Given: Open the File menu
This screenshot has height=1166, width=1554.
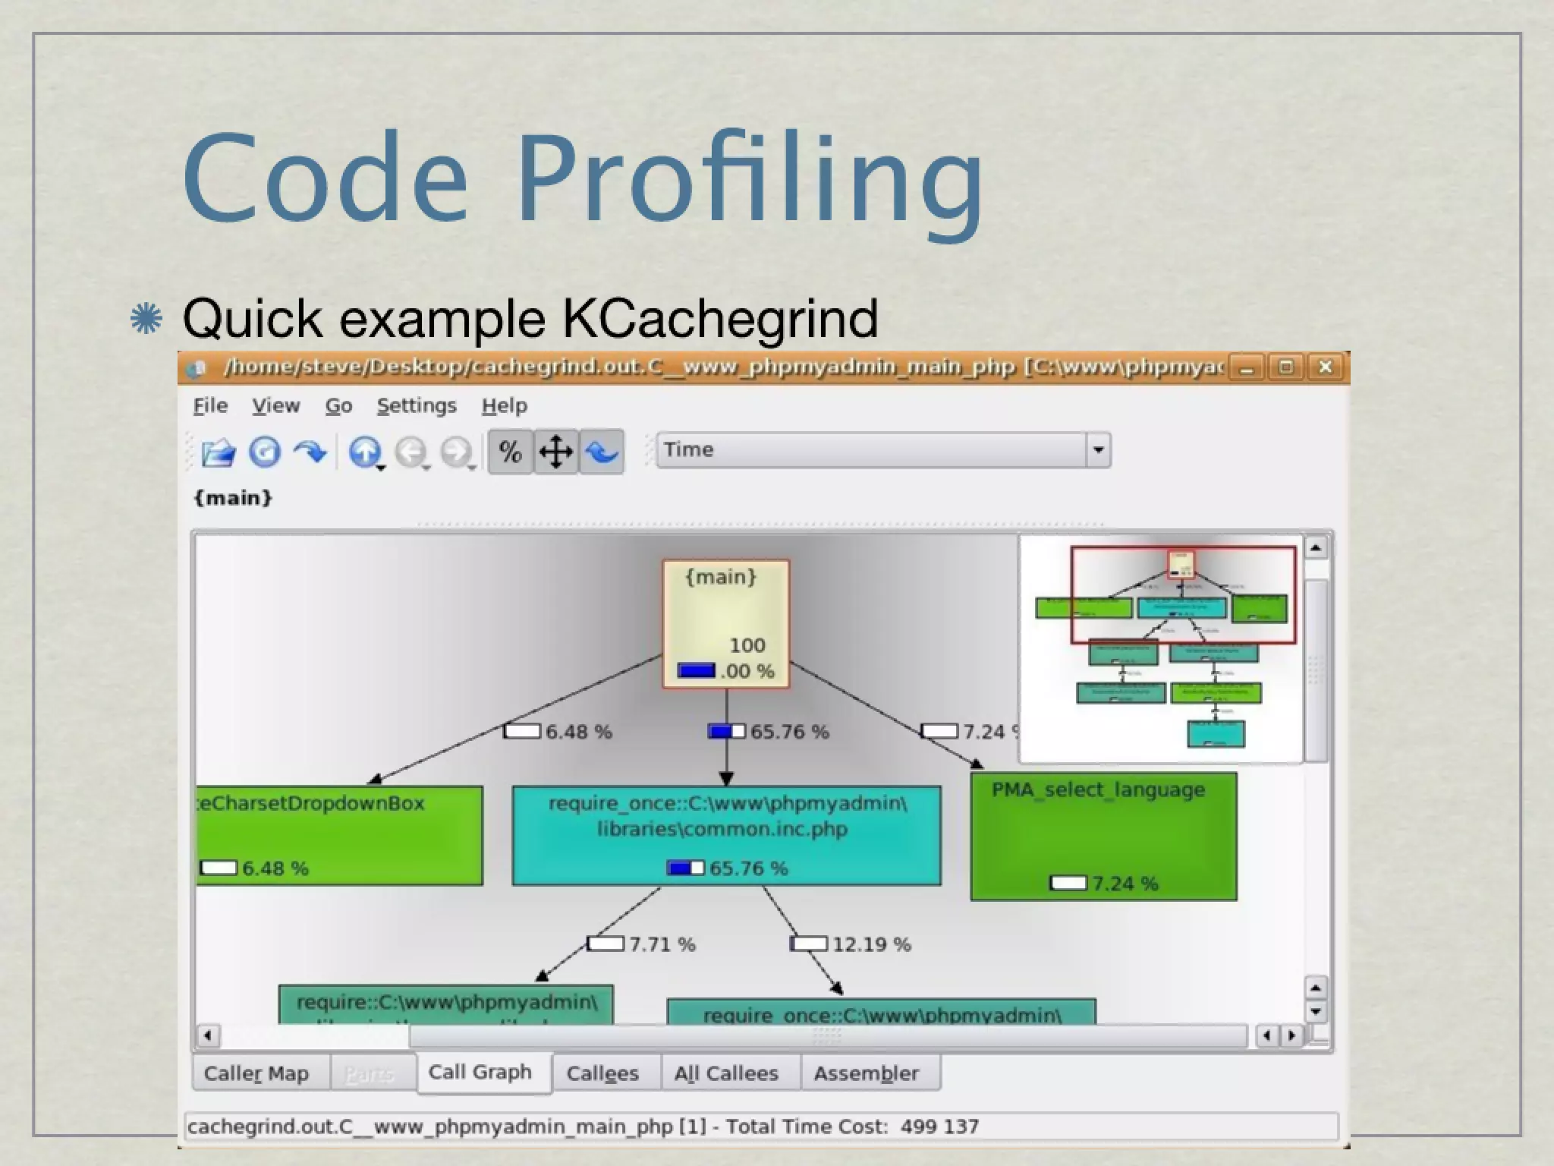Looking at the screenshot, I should (210, 406).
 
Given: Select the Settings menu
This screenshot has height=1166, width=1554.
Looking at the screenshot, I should (417, 406).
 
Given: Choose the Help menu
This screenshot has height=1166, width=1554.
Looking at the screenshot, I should (504, 406).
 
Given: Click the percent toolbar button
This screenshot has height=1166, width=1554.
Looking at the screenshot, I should (510, 452).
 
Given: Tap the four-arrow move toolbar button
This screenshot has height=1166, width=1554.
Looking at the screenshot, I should (555, 452).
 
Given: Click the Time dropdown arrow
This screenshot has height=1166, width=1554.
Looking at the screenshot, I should (1097, 450).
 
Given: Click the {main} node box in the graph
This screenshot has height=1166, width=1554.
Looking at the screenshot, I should (726, 623).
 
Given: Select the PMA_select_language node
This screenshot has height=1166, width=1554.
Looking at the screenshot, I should (1103, 836).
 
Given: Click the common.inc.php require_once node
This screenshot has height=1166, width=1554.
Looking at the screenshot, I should (726, 834).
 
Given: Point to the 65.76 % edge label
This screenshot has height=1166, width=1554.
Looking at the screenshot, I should (788, 732).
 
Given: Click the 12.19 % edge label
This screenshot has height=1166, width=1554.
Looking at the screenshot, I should (870, 944).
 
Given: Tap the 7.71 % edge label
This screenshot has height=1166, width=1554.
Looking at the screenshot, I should (661, 944).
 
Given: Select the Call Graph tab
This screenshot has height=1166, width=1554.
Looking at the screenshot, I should (480, 1073).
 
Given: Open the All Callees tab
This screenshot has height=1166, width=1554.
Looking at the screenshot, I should (726, 1073).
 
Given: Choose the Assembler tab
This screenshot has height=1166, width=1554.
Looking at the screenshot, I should (866, 1073).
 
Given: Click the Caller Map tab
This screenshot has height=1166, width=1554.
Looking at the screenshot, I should (256, 1073).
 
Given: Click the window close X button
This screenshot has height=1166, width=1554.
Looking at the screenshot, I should (1325, 367).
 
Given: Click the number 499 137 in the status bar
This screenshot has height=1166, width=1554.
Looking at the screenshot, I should (939, 1127).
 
